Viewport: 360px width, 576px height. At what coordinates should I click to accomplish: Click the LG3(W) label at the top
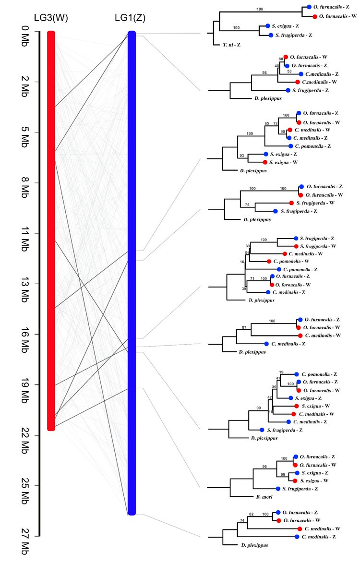click(x=50, y=18)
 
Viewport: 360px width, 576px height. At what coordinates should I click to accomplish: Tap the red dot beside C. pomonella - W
click(x=269, y=261)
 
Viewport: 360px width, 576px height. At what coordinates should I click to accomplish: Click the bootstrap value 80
click(x=281, y=59)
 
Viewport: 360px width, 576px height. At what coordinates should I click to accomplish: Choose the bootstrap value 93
click(x=242, y=155)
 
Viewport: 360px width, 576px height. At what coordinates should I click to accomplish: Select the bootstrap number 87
click(x=244, y=327)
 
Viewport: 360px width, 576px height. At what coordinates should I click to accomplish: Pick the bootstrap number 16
click(x=242, y=262)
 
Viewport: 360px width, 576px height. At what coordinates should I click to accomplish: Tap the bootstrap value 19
click(x=281, y=372)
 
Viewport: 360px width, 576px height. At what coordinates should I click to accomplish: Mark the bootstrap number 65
click(x=267, y=123)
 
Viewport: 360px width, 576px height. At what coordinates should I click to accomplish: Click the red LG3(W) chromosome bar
click(x=51, y=230)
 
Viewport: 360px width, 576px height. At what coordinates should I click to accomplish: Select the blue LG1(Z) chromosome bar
click(x=132, y=274)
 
